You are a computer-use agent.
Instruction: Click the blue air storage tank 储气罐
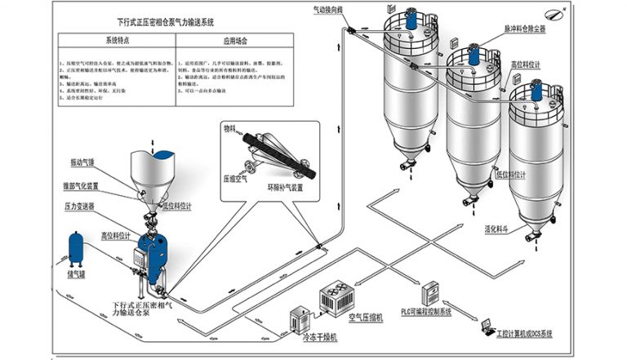(78, 247)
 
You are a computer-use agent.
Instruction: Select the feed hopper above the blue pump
(151, 172)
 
